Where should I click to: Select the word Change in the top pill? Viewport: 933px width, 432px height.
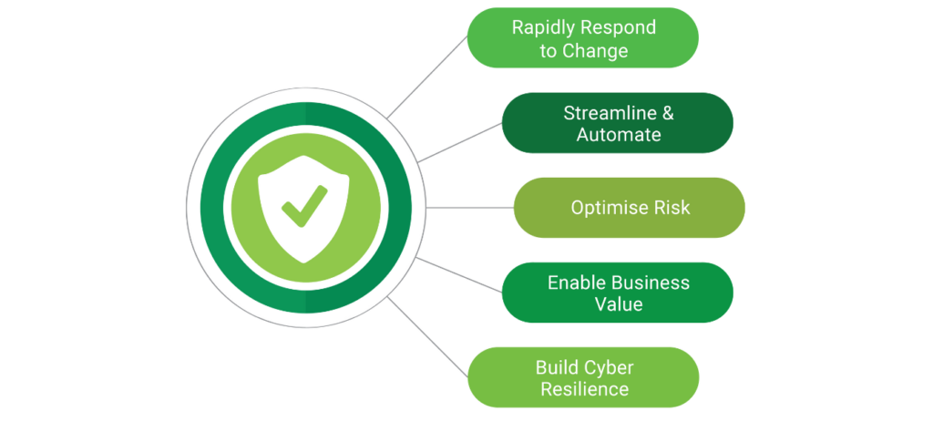pos(596,50)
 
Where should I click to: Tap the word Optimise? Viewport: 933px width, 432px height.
pos(606,208)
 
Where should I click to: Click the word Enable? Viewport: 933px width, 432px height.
pos(576,283)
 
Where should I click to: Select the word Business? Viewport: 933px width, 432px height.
pos(651,283)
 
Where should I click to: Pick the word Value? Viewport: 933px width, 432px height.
pos(619,304)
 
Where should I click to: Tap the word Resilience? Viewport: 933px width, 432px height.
pos(584,389)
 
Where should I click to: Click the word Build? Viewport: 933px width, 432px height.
pos(557,367)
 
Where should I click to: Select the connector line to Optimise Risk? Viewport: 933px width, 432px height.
pos(468,208)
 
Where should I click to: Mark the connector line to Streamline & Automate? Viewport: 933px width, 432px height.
pos(460,142)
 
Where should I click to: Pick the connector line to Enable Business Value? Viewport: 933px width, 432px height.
pos(460,273)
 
